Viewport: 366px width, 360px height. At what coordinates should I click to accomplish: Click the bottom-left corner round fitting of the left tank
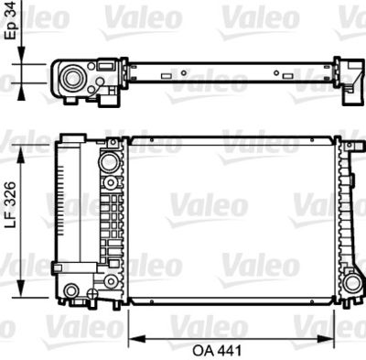[x=71, y=292]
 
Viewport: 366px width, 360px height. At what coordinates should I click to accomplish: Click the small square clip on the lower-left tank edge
[x=58, y=267]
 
